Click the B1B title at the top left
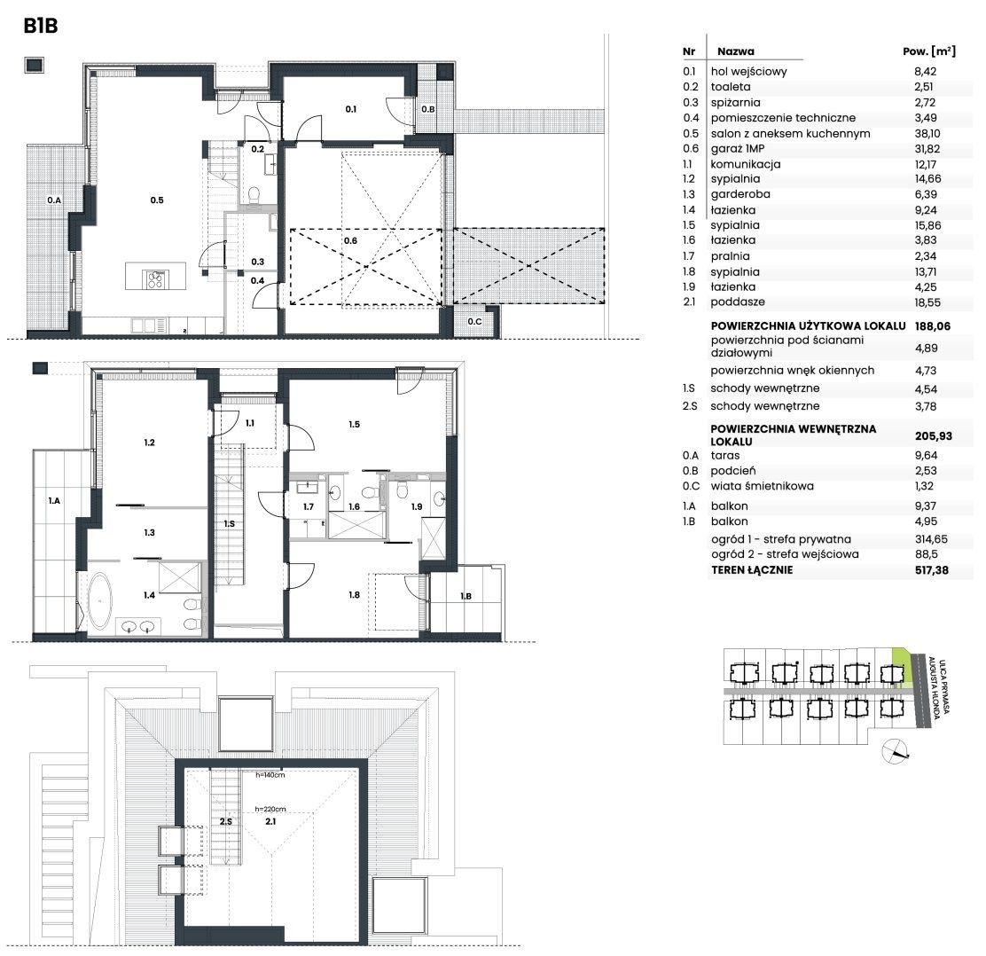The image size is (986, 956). tap(41, 26)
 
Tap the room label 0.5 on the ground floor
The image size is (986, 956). tap(157, 200)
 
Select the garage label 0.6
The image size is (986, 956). tap(350, 240)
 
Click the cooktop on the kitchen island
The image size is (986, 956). tap(155, 278)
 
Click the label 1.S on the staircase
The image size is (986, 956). tap(229, 523)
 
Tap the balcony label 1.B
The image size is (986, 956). tap(466, 596)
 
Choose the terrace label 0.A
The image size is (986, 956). tap(54, 200)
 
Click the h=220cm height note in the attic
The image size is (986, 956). tap(270, 809)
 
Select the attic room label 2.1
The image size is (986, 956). tap(270, 821)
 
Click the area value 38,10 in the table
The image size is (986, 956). tap(927, 133)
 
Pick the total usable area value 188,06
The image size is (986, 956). tap(933, 325)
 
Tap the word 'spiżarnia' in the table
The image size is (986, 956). tap(735, 103)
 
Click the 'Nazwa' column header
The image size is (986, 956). tap(736, 51)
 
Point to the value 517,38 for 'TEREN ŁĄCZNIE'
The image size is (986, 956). tap(932, 570)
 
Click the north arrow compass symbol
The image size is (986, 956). tap(895, 750)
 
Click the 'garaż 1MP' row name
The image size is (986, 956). tap(738, 149)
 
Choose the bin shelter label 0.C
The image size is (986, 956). tap(474, 321)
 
